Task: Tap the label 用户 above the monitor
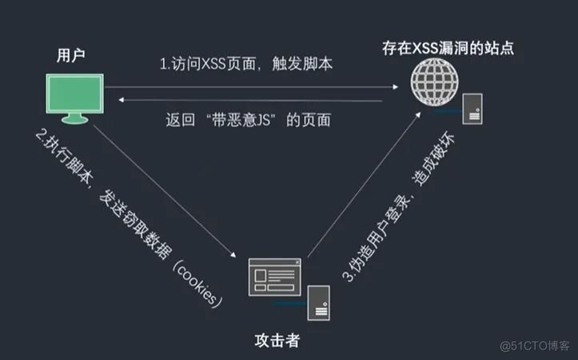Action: tap(71, 55)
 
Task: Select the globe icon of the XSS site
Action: tap(435, 82)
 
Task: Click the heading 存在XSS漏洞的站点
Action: tap(448, 48)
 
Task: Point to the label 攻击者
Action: tap(277, 341)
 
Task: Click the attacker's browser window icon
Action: tap(275, 277)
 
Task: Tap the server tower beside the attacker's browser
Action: tap(318, 303)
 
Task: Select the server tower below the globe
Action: tap(472, 109)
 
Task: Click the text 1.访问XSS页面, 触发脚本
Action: tap(246, 64)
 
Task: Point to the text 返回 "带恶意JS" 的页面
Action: tap(248, 120)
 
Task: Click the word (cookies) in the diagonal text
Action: tap(198, 284)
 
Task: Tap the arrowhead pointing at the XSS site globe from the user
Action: tap(396, 87)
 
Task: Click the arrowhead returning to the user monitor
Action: tap(121, 99)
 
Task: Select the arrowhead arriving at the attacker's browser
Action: tap(233, 254)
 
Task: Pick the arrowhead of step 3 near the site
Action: tap(418, 114)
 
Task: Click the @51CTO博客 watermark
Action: tap(535, 346)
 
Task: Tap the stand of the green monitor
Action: tap(75, 118)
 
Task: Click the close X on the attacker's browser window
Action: tap(297, 262)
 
